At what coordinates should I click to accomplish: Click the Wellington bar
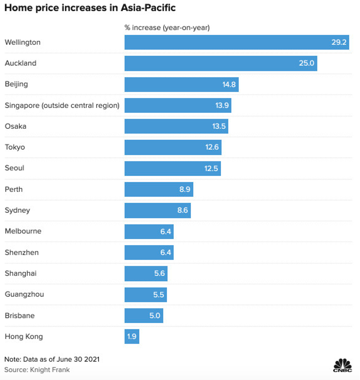coord(236,42)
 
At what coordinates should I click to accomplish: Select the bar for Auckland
coord(221,63)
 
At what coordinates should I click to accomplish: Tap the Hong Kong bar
coord(132,336)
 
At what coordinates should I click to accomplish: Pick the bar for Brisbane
coord(144,315)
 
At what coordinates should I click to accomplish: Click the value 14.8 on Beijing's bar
coord(229,84)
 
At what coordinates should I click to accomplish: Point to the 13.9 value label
coord(222,105)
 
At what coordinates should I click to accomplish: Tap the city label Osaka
coord(16,126)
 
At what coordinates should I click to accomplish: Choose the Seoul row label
coord(14,168)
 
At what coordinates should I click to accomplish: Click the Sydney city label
coord(17,210)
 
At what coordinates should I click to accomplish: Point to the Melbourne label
coord(23,231)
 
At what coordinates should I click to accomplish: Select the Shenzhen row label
coord(22,252)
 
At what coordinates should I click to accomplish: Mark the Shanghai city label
coord(21,273)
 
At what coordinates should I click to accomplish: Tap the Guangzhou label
coord(24,294)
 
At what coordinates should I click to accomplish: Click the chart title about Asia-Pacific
coord(90,8)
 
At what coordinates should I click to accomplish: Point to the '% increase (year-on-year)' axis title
coord(167,27)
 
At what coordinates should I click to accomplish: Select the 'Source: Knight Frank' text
coord(37,369)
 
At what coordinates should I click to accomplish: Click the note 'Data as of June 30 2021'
coord(52,359)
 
